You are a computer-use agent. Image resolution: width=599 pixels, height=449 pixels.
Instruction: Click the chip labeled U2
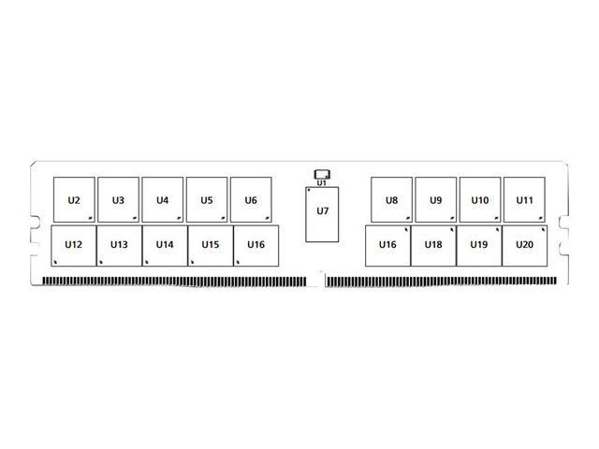point(74,199)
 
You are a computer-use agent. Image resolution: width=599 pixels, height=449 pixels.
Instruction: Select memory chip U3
point(119,199)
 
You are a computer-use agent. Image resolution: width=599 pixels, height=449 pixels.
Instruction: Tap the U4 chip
point(163,199)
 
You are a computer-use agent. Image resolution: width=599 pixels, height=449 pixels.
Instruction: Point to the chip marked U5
point(207,199)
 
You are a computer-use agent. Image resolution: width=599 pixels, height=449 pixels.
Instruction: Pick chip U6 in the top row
point(251,199)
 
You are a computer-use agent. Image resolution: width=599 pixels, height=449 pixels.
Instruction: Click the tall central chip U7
point(322,214)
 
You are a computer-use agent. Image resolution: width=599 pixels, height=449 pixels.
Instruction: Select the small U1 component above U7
point(322,175)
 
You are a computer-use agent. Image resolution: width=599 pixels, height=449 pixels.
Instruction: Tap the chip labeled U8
point(391,199)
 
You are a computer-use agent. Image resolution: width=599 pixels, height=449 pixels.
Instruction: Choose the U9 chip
point(436,199)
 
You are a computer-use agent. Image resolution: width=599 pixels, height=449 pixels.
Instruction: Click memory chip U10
point(480,199)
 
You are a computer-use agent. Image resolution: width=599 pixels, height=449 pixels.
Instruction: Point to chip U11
point(524,199)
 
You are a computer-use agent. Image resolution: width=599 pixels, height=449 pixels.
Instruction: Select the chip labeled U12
point(74,245)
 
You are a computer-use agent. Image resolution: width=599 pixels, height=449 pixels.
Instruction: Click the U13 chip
point(119,245)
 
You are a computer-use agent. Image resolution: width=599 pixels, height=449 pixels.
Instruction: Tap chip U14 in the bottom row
point(165,245)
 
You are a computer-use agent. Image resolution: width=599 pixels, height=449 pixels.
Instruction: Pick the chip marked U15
point(211,245)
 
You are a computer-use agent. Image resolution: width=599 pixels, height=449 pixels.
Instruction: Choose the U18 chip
point(433,245)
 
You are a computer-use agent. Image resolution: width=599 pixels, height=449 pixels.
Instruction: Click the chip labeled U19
point(479,245)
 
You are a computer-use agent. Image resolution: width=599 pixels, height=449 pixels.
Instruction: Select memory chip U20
point(525,245)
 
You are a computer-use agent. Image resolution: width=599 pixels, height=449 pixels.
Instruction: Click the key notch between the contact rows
point(316,280)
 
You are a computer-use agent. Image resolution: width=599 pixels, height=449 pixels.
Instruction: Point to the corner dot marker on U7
point(309,190)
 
